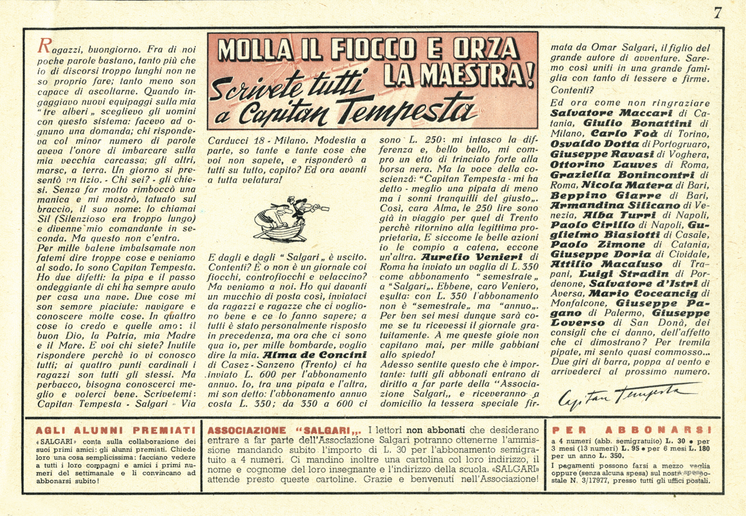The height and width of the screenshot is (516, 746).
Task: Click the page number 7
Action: coord(718,12)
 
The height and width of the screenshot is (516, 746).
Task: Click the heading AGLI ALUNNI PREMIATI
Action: coord(115,431)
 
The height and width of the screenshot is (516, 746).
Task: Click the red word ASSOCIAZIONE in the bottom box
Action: coord(247,430)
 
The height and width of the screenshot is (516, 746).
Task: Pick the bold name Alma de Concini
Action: coord(315,355)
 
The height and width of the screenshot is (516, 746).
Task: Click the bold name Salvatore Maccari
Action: coord(611,113)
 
